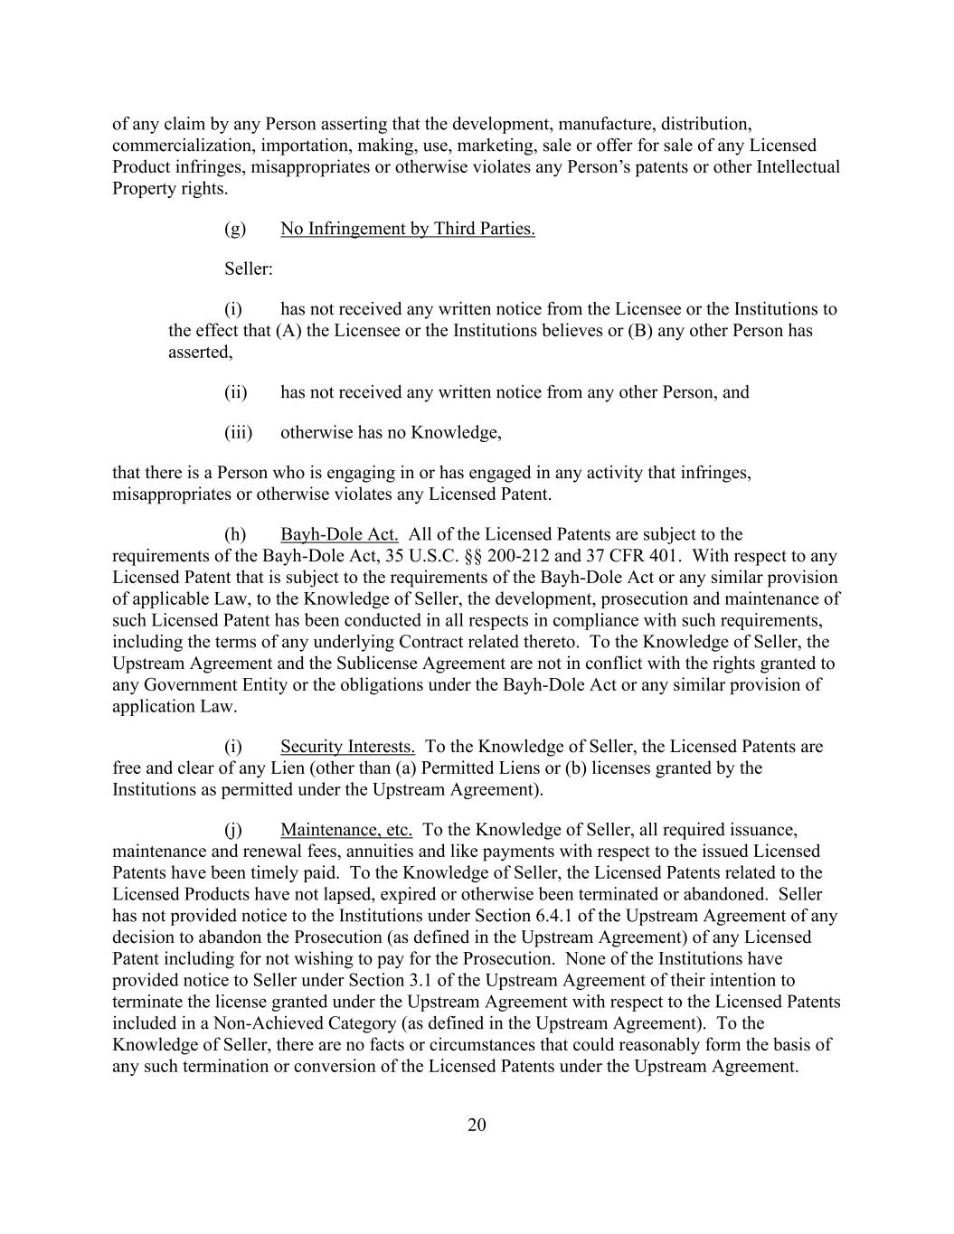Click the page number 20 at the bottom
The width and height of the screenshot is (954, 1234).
coord(477,1125)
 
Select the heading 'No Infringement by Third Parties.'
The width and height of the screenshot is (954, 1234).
coord(407,229)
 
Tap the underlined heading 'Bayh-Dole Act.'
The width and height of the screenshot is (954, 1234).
coord(339,534)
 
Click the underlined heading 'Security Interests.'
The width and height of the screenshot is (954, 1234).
coord(347,747)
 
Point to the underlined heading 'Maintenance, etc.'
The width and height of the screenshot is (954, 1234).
coord(346,830)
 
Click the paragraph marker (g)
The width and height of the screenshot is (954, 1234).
coord(234,229)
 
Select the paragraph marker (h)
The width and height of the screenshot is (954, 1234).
coord(234,534)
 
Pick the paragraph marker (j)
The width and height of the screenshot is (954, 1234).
coord(234,830)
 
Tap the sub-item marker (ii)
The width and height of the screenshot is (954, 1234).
coord(235,392)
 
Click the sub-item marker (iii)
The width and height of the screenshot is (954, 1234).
coord(238,432)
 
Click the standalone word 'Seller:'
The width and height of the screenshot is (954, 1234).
coord(248,269)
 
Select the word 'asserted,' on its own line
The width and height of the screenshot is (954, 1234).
coord(200,352)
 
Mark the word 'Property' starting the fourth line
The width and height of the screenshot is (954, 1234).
coord(143,189)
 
